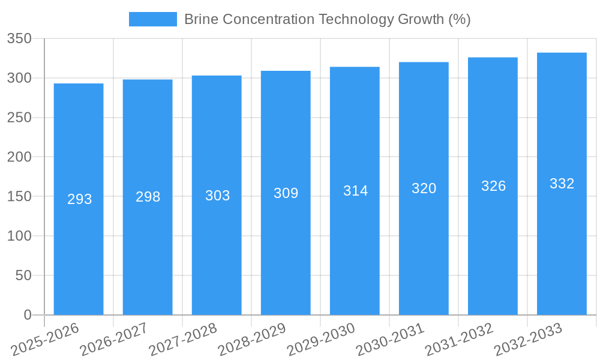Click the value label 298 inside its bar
point(148,197)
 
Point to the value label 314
point(355,191)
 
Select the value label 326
point(493,186)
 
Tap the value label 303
point(217,196)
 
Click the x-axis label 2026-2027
point(114,340)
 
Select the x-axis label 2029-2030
point(321,340)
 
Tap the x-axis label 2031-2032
point(459,340)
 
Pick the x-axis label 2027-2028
point(183,340)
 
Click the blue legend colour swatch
point(153,19)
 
